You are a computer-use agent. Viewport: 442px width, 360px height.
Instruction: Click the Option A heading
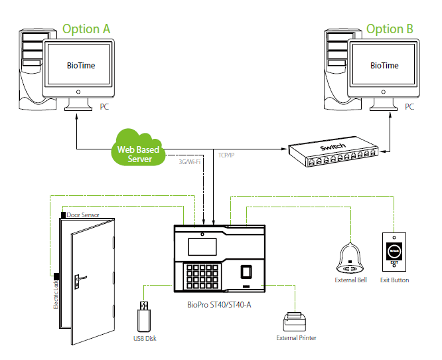[86, 29]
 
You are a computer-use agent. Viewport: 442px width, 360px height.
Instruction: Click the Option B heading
[390, 29]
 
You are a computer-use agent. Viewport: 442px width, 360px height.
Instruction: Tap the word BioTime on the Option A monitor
[81, 66]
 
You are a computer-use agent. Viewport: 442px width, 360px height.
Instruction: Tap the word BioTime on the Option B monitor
[384, 66]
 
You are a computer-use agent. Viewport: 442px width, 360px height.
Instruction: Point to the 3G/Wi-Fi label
[190, 161]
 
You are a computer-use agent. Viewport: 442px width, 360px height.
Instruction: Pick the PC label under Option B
[409, 106]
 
